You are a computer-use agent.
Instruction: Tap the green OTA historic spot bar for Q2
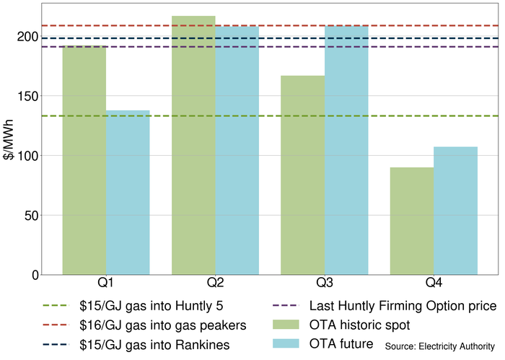193,145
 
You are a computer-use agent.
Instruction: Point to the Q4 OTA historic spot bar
412,221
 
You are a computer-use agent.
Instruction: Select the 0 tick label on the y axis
34,275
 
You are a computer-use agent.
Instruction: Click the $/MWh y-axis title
9,155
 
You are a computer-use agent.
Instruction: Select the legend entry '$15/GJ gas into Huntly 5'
148,306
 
